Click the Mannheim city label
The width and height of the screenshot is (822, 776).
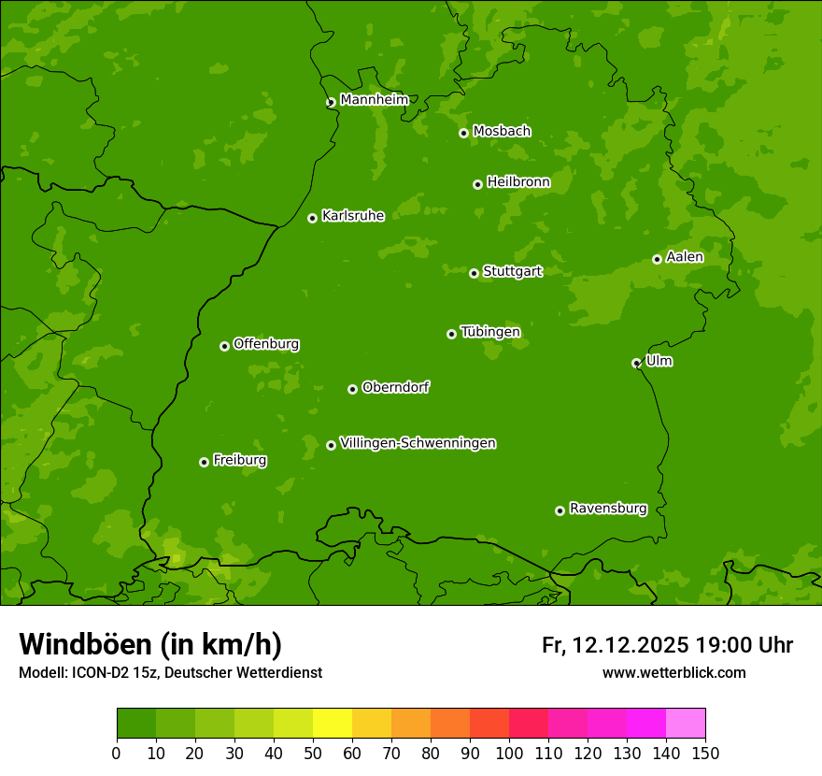point(374,100)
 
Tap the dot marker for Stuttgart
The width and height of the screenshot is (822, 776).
point(474,273)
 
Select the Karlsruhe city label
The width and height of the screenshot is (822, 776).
point(353,216)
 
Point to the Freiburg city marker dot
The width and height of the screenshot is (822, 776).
point(204,462)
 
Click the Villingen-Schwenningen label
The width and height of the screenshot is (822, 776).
point(418,443)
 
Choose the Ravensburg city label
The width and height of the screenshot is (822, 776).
point(608,509)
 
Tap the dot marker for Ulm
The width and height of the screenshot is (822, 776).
point(636,363)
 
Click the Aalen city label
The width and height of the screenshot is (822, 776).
point(685,257)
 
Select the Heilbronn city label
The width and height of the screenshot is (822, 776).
point(518,182)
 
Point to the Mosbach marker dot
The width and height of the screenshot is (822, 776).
point(463,133)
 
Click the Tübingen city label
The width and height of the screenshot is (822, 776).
point(490,332)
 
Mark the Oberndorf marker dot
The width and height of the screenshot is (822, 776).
point(352,389)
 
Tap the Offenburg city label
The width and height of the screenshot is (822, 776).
point(266,344)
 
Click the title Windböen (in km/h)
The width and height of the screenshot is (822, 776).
point(150,644)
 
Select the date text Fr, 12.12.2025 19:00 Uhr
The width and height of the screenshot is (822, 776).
point(667,645)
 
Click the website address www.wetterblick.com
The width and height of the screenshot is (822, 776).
point(673,672)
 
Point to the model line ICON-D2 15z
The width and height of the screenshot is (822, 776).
point(170,672)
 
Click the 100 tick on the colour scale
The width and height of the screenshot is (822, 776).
point(509,753)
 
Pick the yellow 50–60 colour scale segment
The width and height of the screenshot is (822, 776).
point(333,724)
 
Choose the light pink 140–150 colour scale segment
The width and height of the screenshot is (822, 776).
point(686,724)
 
